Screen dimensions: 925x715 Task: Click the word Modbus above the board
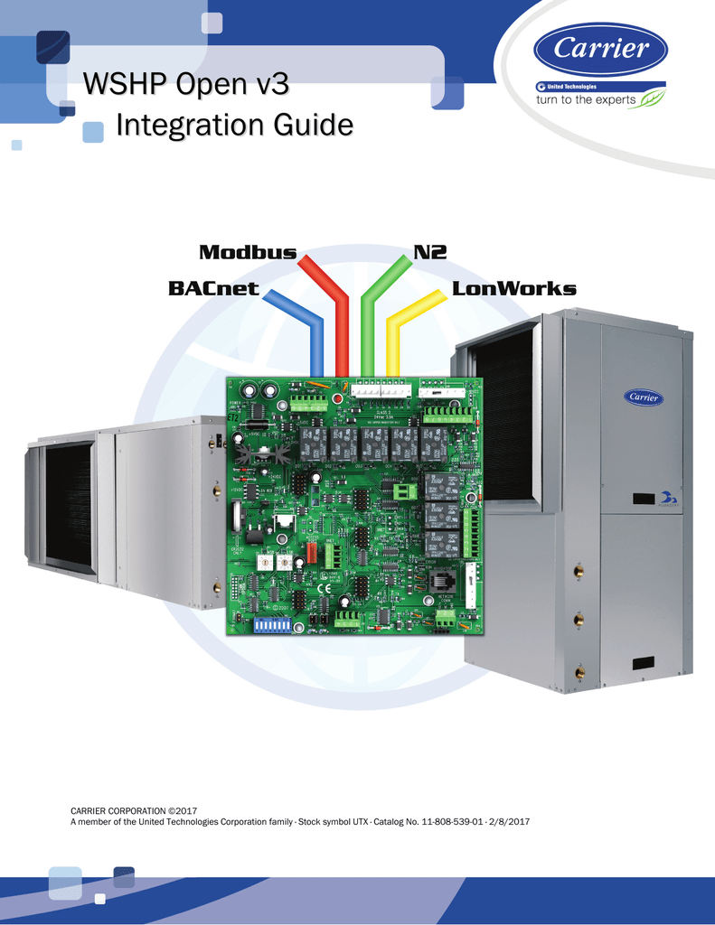(x=247, y=253)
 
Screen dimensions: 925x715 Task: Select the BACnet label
(x=213, y=289)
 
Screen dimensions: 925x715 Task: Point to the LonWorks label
(x=513, y=289)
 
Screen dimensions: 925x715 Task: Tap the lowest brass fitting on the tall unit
(x=579, y=673)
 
